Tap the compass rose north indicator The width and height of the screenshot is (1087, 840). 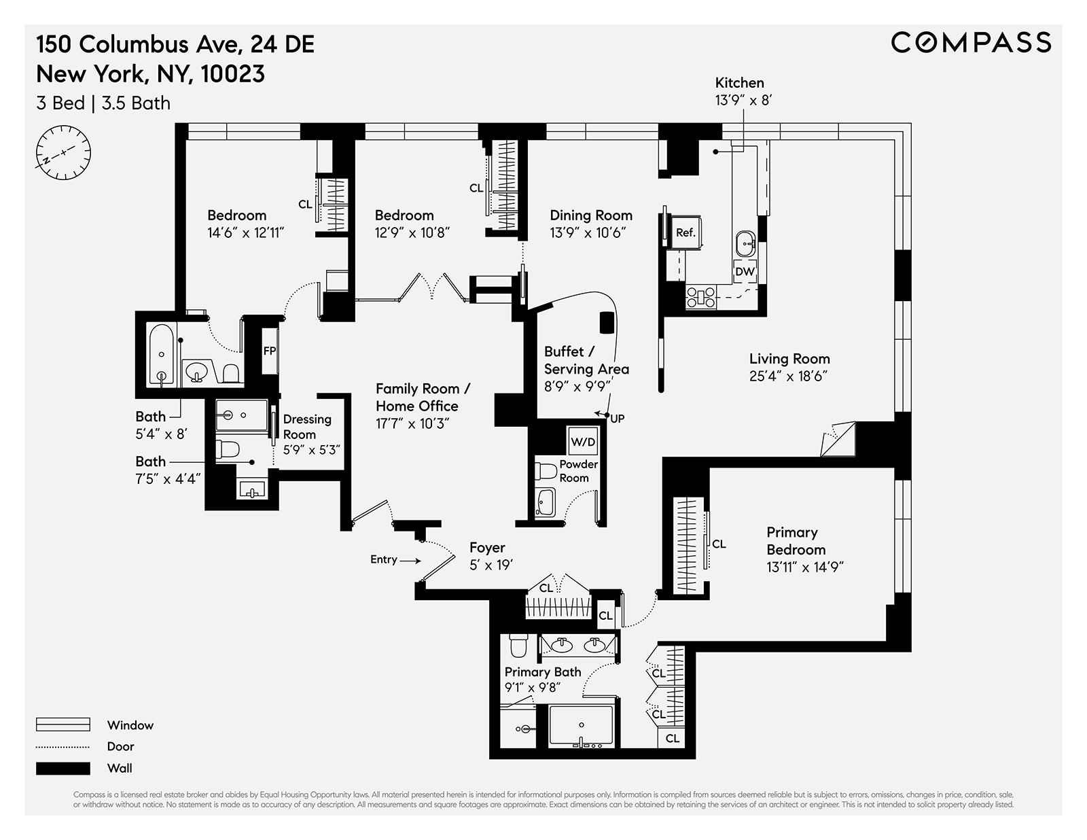[x=63, y=152]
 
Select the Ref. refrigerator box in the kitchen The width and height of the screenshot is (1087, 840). [x=685, y=232]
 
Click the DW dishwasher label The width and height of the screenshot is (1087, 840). [x=745, y=271]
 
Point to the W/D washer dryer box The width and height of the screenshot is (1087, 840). [x=582, y=442]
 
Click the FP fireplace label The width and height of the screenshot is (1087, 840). [x=270, y=351]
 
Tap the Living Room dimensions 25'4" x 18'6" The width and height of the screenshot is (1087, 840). [x=788, y=377]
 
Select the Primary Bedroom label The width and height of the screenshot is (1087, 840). [x=796, y=541]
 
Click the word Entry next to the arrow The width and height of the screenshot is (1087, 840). [x=383, y=559]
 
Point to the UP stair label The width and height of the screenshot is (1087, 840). [x=617, y=419]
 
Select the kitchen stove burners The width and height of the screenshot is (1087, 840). [x=700, y=298]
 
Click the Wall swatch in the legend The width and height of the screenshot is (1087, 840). [x=63, y=768]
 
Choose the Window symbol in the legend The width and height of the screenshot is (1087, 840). [x=63, y=724]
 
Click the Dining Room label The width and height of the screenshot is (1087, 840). [x=590, y=215]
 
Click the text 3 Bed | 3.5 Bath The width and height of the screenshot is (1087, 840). [x=103, y=103]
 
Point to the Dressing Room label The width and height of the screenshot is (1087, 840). [x=307, y=427]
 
